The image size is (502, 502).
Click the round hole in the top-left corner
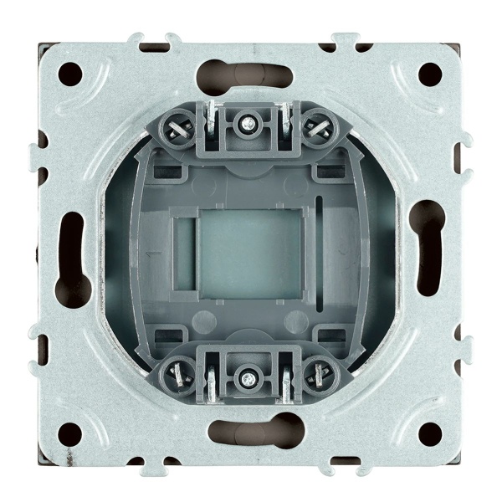click(72, 74)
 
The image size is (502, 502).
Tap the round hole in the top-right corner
click(430, 74)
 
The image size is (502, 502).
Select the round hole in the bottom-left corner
click(72, 432)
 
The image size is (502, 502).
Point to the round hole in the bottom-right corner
click(430, 432)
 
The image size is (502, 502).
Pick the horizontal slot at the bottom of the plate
click(251, 433)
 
